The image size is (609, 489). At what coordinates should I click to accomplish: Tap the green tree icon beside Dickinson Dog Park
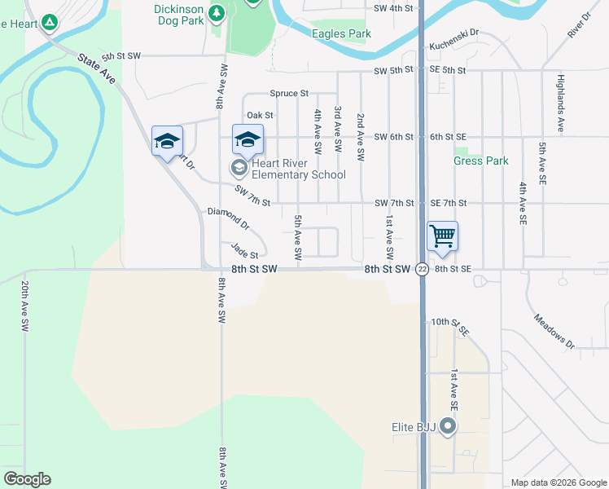(217, 13)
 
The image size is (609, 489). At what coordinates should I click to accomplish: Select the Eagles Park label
(341, 34)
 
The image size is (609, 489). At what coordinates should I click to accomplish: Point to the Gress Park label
(480, 161)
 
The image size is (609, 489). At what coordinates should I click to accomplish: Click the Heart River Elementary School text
(299, 169)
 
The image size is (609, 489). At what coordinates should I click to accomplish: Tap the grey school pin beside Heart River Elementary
(239, 169)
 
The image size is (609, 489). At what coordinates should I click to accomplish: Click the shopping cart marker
(442, 236)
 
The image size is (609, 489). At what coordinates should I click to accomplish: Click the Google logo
(27, 479)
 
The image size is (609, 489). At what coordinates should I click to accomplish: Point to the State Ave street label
(97, 68)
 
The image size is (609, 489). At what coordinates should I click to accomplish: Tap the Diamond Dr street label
(228, 217)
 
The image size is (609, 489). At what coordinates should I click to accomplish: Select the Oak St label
(260, 116)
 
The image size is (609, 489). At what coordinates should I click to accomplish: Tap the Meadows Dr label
(554, 329)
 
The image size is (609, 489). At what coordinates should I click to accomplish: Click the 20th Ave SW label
(25, 306)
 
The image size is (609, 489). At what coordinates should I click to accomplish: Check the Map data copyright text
(558, 482)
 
